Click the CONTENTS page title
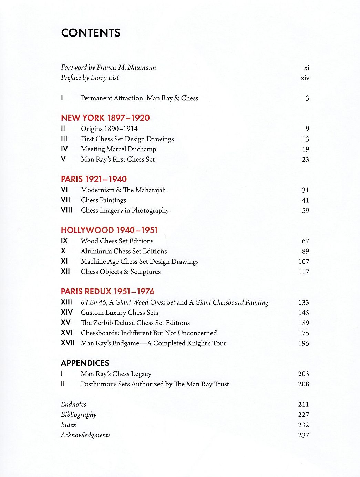(91, 33)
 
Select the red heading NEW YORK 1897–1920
(105, 118)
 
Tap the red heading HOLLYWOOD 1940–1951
(109, 230)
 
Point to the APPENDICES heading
(85, 363)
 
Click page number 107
(304, 262)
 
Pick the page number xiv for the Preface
(305, 78)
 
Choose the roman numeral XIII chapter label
(66, 302)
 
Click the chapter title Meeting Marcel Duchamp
(118, 149)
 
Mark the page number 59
(305, 211)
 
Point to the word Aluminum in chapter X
(96, 251)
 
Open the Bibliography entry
(79, 415)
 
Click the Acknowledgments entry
(85, 435)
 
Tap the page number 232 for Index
(304, 425)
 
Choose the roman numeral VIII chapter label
(66, 210)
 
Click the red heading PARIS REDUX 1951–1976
(107, 292)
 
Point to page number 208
(304, 384)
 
